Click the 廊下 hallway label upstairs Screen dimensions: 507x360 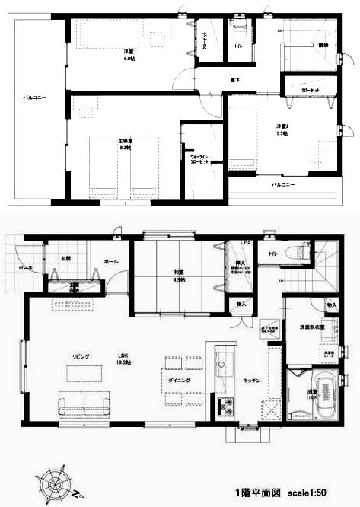236,79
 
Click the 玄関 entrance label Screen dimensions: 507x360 65,258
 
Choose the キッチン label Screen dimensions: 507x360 252,380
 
